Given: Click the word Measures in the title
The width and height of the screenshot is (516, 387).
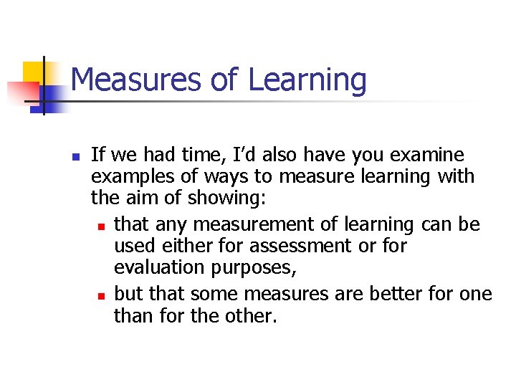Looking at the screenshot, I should pos(136,80).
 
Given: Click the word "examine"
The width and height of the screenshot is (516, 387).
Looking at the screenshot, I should pos(429,156).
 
